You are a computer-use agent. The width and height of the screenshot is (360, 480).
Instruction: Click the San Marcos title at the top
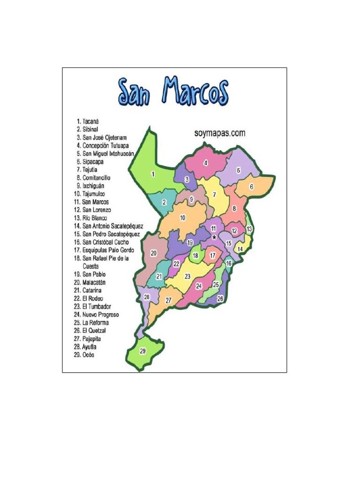coord(173,92)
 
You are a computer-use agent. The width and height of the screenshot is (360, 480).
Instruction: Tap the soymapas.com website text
coord(220,133)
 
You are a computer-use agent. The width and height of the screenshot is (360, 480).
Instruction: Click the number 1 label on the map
coord(153,174)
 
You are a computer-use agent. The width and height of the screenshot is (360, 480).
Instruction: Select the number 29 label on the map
coord(143,351)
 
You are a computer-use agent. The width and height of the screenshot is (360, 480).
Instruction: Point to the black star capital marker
coord(214,238)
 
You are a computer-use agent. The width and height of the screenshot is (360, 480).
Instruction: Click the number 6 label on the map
coord(251,187)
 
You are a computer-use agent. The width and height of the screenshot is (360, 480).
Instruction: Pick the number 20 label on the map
coord(153,253)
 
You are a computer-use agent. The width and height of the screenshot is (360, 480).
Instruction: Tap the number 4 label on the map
coord(205,163)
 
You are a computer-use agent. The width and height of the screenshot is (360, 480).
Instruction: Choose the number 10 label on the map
coord(182,217)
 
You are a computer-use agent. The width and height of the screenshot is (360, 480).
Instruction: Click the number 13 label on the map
coord(249,229)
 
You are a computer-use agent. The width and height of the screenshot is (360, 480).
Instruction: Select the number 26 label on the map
coord(220,299)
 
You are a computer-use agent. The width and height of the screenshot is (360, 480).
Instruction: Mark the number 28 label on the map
coord(147,297)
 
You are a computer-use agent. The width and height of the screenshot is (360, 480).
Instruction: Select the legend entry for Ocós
coord(84,355)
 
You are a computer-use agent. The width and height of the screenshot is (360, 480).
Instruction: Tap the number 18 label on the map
coord(196,256)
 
